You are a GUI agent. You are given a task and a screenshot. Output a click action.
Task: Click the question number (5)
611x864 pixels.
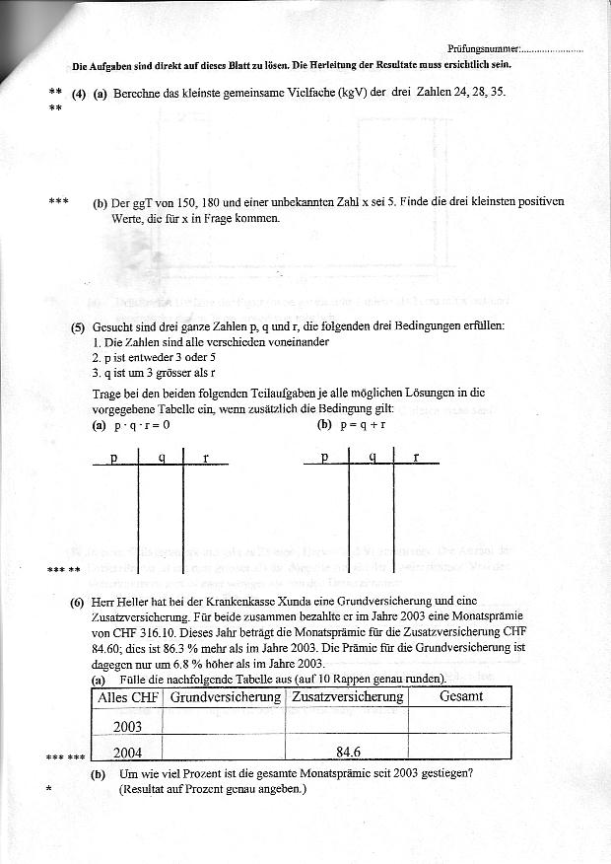(x=78, y=326)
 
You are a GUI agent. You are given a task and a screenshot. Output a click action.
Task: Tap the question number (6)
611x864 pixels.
(x=78, y=601)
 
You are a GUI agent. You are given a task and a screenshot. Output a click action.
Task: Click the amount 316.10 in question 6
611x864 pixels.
(x=166, y=632)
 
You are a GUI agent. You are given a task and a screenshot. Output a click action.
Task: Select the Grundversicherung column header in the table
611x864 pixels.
(x=224, y=697)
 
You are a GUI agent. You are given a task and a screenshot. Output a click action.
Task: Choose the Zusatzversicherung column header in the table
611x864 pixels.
(x=346, y=697)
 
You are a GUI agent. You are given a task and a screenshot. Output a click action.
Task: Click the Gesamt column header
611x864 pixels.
(x=460, y=697)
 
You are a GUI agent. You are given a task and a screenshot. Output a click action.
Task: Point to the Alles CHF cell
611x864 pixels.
(x=128, y=697)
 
